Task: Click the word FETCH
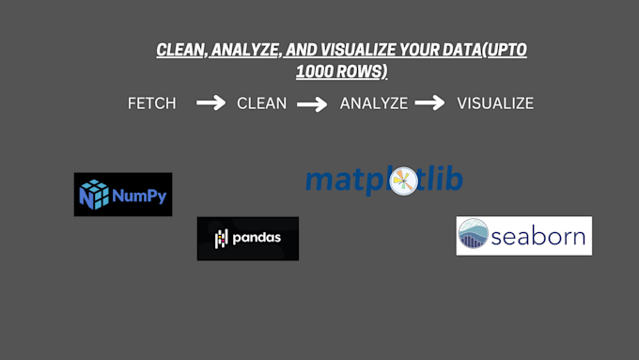[x=151, y=103]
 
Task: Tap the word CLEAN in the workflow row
[x=261, y=103]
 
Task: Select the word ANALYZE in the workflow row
[x=374, y=103]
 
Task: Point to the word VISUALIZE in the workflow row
[x=495, y=103]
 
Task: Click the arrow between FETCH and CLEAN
[x=210, y=103]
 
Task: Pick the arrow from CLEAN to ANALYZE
[x=313, y=104]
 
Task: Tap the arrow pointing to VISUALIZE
[x=429, y=103]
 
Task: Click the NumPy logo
[x=123, y=195]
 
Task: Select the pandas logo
[x=248, y=239]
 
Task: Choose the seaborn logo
[x=523, y=236]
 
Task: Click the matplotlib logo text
[x=383, y=180]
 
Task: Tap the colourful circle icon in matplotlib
[x=403, y=181]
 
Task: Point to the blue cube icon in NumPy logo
[x=94, y=195]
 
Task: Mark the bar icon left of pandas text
[x=221, y=239]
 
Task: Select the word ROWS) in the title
[x=362, y=71]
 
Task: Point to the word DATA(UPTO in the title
[x=485, y=50]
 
